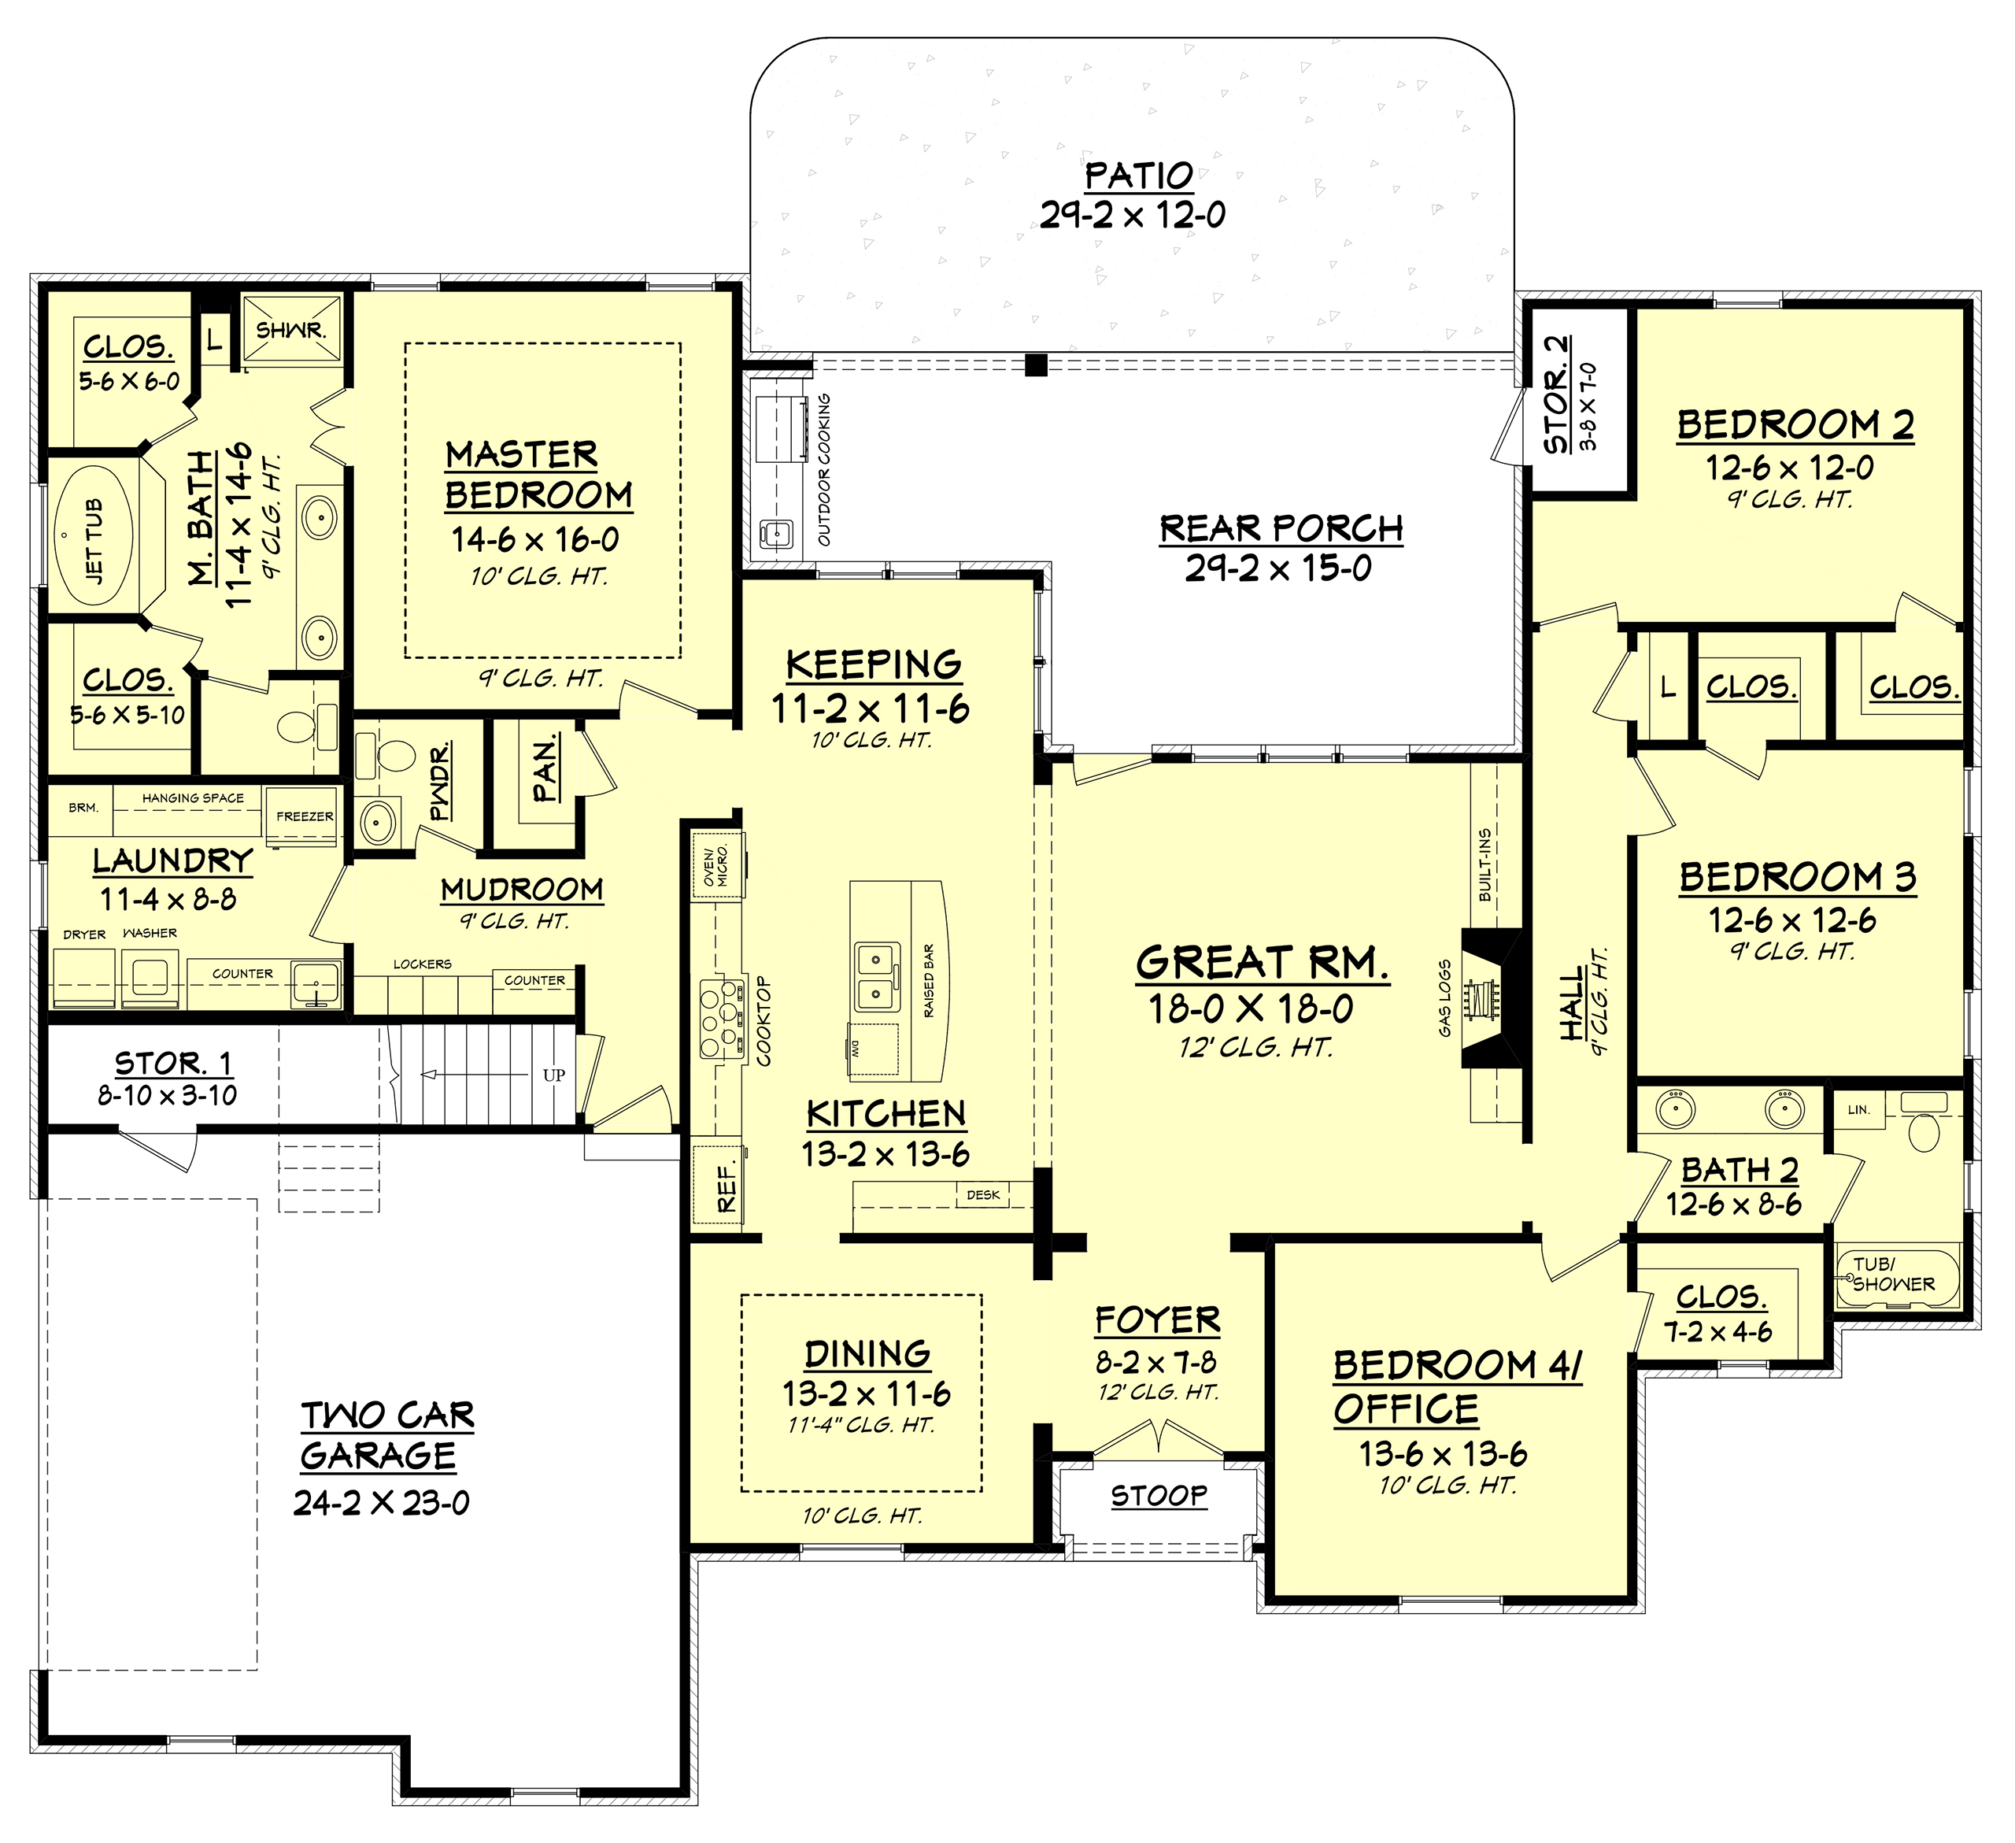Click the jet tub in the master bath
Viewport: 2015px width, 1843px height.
pos(94,540)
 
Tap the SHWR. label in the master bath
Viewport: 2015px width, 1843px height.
pos(291,330)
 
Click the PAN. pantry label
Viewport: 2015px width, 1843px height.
pos(545,768)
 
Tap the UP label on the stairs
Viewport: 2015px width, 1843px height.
pos(553,1075)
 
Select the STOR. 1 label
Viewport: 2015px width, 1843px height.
pos(173,1063)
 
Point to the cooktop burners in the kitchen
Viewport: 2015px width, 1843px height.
pos(722,1019)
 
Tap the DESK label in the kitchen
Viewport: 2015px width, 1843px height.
pos(984,1194)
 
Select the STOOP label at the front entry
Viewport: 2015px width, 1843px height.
pos(1159,1496)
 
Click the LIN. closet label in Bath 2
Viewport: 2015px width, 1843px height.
pos(1858,1109)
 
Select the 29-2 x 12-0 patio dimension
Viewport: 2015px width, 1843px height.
pos(1133,215)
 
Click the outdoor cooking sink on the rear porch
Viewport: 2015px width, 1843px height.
pos(775,533)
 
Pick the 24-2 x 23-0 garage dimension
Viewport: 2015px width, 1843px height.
pos(381,1502)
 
